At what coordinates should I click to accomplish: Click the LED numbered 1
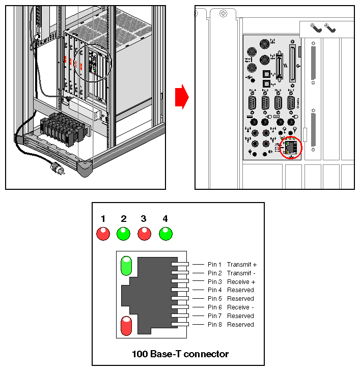tap(103, 234)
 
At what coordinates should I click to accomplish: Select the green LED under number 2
tap(123, 234)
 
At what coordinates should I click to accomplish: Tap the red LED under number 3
tap(144, 234)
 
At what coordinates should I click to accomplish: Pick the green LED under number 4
tap(165, 234)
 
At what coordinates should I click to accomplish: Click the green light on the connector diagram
tap(125, 266)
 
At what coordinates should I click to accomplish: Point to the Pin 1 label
tap(214, 265)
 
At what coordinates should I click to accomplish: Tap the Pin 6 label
tap(214, 307)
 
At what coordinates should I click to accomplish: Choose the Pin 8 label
tap(214, 325)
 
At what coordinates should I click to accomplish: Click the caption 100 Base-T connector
tap(180, 354)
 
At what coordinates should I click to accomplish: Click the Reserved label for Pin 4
tap(240, 290)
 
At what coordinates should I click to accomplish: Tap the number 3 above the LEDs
tap(144, 219)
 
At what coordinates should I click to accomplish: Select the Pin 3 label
tap(214, 282)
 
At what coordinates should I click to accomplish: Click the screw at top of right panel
tap(223, 14)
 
